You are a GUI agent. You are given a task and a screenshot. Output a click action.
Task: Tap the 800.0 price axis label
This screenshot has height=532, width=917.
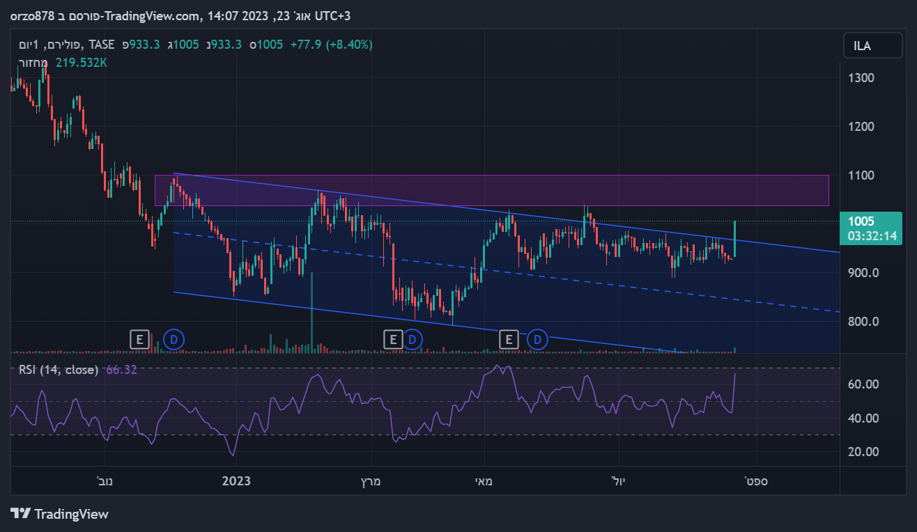(x=863, y=322)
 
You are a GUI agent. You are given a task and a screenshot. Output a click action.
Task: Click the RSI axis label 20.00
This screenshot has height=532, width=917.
(x=863, y=452)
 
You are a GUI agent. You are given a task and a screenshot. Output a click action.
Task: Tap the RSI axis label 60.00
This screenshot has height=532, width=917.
(x=863, y=384)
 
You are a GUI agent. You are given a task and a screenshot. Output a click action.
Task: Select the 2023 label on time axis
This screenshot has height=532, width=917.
(x=236, y=481)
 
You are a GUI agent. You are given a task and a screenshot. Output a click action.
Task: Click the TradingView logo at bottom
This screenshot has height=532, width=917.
(x=60, y=514)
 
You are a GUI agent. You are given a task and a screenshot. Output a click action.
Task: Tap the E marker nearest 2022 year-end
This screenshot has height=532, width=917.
(x=139, y=340)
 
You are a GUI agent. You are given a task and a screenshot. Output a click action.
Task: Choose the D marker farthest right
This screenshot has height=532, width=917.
(x=537, y=340)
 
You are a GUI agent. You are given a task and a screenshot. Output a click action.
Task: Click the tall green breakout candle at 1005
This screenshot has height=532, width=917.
(x=735, y=238)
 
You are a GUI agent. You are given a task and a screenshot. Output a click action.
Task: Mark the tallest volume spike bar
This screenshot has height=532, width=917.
(x=311, y=313)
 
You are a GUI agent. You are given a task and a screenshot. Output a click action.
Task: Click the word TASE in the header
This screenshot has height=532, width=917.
(x=102, y=45)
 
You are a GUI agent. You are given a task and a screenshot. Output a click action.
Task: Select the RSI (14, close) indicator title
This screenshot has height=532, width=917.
(x=59, y=370)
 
